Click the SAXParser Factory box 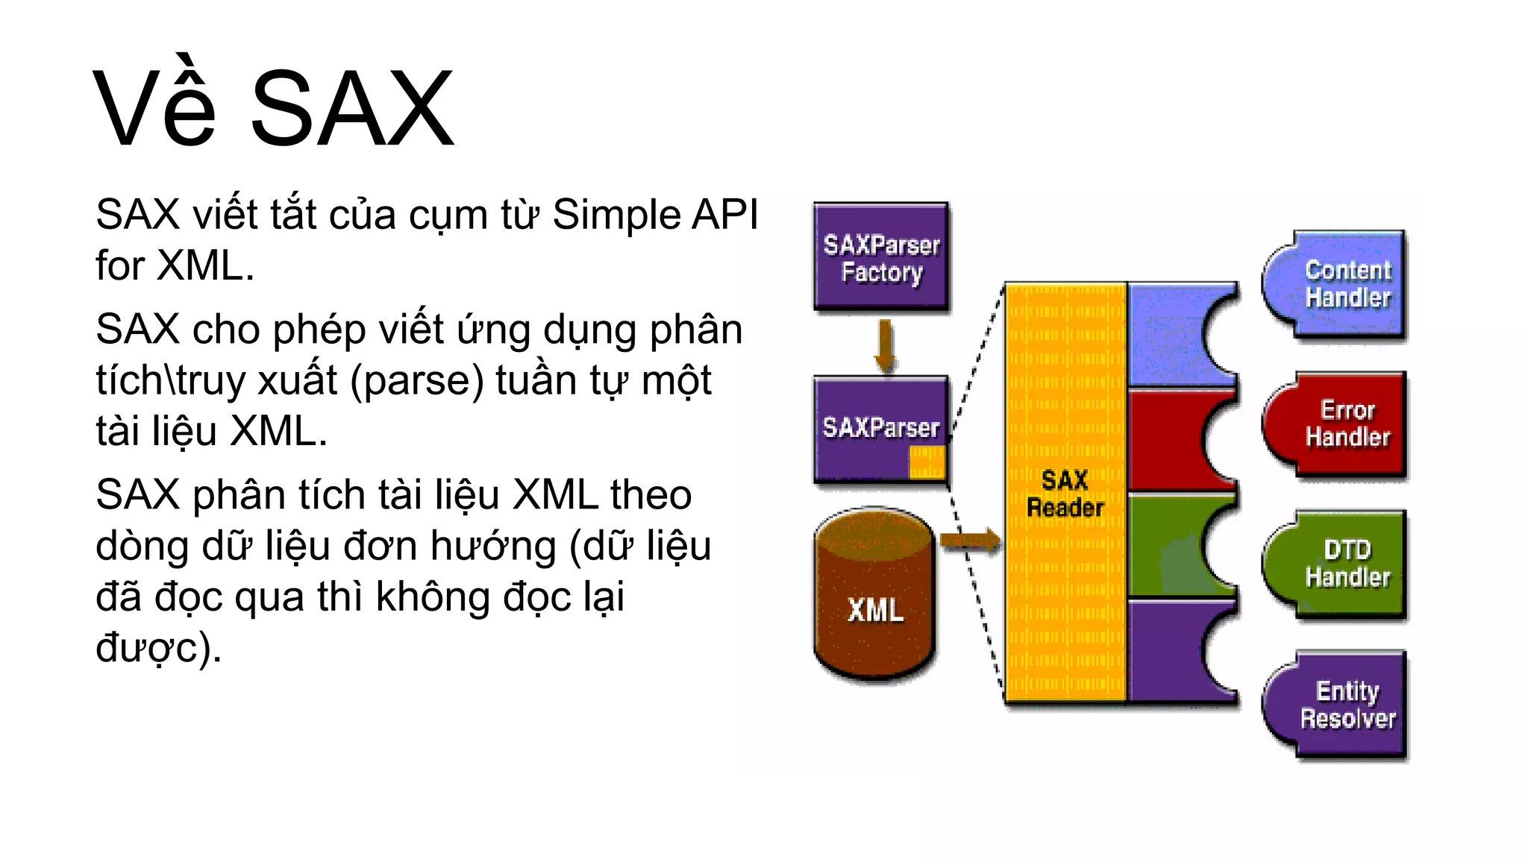(881, 257)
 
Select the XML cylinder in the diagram (874, 597)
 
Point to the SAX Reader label (1065, 494)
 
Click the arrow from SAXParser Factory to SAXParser (885, 344)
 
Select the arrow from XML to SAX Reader (970, 541)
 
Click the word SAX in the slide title (351, 108)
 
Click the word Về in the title (154, 108)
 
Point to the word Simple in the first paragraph (616, 215)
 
